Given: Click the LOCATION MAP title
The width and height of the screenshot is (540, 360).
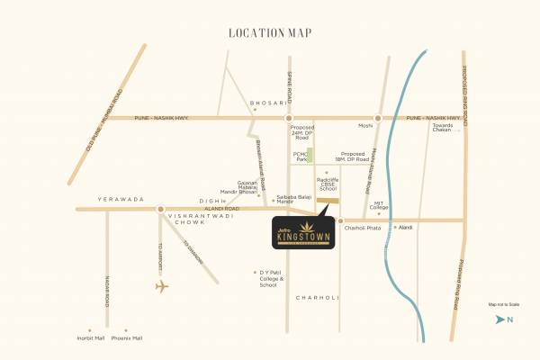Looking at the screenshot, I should [x=270, y=33].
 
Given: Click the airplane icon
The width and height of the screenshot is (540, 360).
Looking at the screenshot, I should [x=161, y=287].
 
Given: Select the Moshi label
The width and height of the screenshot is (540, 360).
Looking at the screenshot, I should [x=365, y=125].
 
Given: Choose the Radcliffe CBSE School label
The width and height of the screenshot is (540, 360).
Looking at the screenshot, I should [x=328, y=184].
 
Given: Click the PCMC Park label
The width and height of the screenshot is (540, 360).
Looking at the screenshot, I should [x=301, y=157].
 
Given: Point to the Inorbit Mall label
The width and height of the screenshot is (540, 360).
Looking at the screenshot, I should [x=91, y=338].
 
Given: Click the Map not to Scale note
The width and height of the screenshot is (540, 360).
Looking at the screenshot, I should [x=504, y=305].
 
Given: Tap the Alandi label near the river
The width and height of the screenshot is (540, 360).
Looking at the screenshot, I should [x=405, y=228].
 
